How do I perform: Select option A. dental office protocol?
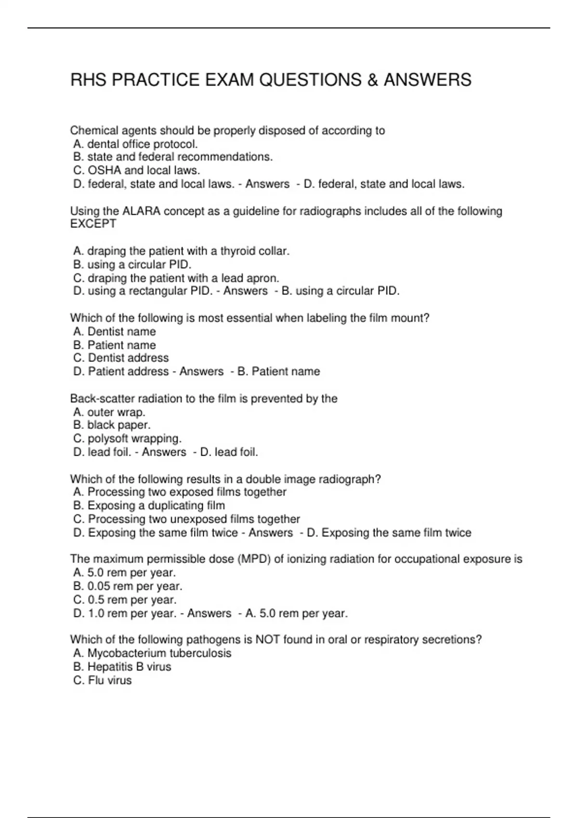135,144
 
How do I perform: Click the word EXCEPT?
93,224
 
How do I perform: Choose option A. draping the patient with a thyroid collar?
181,251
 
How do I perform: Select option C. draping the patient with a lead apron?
176,278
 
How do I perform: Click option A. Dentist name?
115,332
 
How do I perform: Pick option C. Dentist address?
121,358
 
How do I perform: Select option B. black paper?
112,425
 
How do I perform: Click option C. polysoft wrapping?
127,438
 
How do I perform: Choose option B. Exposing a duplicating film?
149,506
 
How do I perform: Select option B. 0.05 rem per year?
128,586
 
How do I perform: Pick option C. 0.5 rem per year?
125,600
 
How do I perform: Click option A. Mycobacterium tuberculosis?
152,653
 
